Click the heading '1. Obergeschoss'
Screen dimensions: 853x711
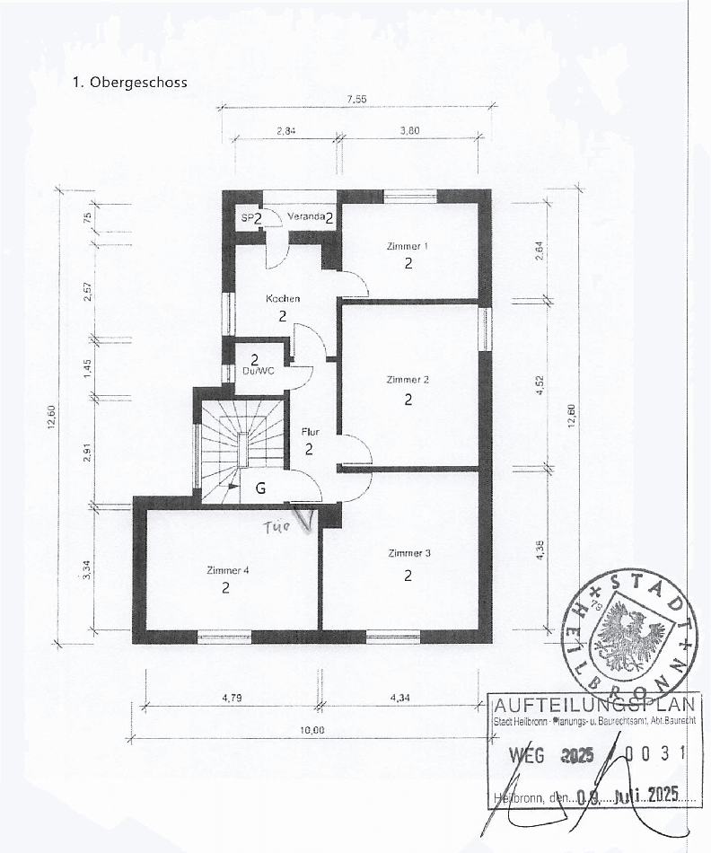pyautogui.click(x=129, y=82)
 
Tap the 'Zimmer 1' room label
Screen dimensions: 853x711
pyautogui.click(x=408, y=246)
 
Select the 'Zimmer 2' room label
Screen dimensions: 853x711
pyautogui.click(x=408, y=380)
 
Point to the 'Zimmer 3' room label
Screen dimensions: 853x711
pyautogui.click(x=408, y=553)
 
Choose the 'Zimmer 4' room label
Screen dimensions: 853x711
pyautogui.click(x=227, y=570)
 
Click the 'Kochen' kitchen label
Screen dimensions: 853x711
pyautogui.click(x=283, y=298)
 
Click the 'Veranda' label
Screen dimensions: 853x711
pyautogui.click(x=304, y=217)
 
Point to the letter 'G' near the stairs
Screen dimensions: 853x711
pyautogui.click(x=260, y=489)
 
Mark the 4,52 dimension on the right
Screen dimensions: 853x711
pyautogui.click(x=540, y=385)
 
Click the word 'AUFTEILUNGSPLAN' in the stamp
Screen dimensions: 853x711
pyautogui.click(x=594, y=708)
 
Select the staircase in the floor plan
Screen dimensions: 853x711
pyautogui.click(x=241, y=444)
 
